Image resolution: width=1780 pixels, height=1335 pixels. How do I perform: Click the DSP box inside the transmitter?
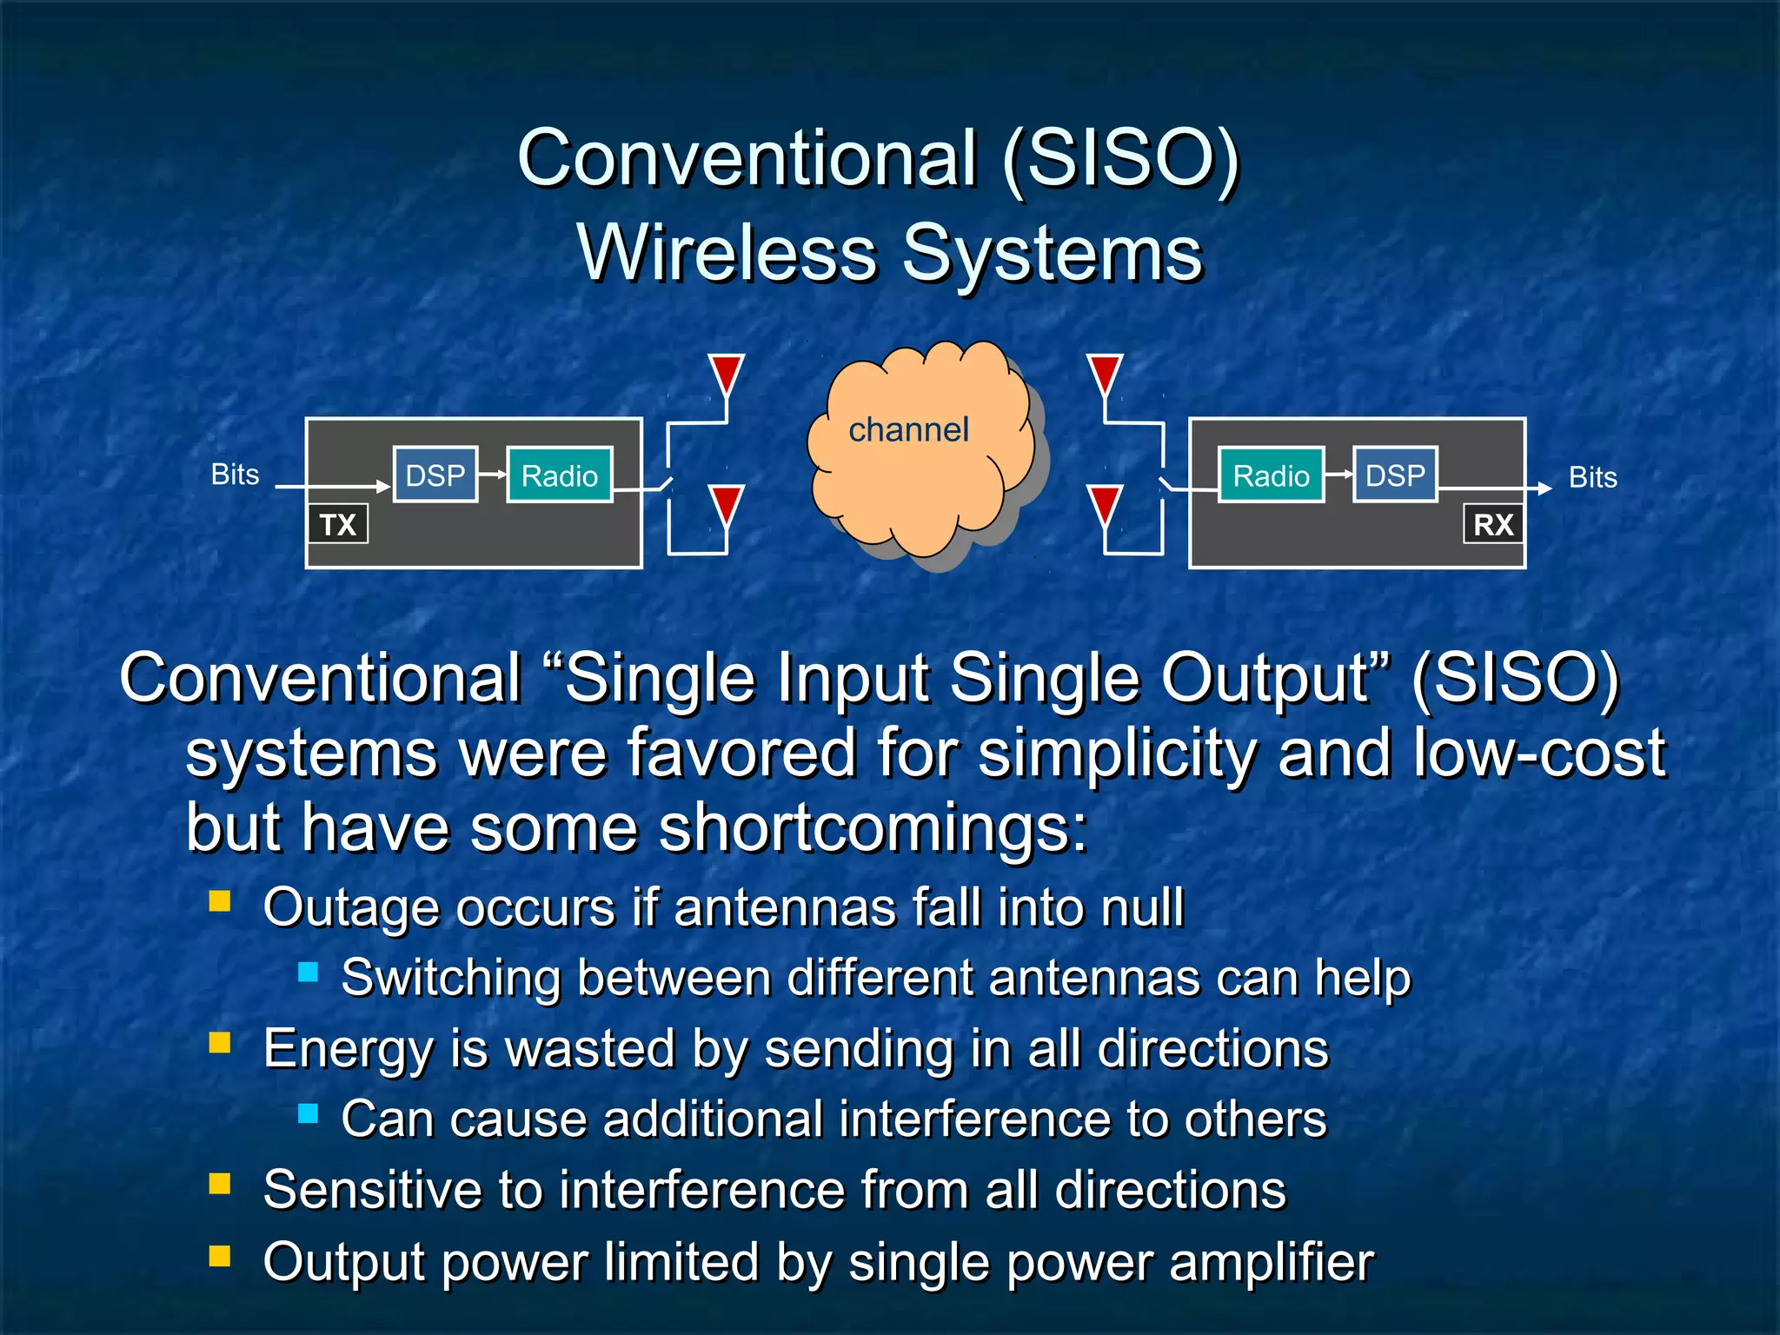(435, 475)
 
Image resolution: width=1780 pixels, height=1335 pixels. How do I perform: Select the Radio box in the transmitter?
(560, 475)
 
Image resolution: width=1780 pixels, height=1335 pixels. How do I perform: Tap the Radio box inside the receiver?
(1271, 475)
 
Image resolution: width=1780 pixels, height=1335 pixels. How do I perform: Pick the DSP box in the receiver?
(1395, 475)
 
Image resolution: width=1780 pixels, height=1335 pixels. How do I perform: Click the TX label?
(338, 524)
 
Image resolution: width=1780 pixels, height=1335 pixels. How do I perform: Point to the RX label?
(1493, 524)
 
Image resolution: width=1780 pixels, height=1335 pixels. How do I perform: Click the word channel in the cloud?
(908, 429)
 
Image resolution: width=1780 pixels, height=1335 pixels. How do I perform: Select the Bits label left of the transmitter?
(235, 475)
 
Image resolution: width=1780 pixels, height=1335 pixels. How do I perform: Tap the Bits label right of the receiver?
(1592, 477)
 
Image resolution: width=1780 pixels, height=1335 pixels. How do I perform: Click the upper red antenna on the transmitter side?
(726, 374)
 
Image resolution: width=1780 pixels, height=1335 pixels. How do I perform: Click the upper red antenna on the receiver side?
(1105, 374)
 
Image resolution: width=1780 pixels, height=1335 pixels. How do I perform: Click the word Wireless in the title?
(727, 253)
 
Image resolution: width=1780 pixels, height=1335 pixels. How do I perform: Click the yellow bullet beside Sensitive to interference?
(220, 1183)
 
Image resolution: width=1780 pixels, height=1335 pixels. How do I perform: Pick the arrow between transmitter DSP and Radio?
(492, 474)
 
